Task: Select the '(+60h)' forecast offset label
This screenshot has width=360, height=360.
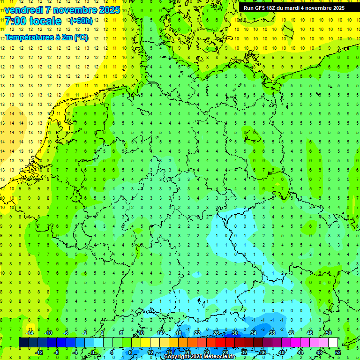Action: click(x=81, y=21)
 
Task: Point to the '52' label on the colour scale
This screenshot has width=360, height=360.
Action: click(x=338, y=352)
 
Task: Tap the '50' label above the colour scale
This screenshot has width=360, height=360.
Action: click(x=328, y=333)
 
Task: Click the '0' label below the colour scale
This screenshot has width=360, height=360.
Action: click(x=92, y=352)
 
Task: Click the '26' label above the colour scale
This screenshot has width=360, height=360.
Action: click(x=216, y=333)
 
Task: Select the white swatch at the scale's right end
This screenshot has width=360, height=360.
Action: click(x=333, y=343)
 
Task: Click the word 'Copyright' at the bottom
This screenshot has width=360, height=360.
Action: click(x=177, y=357)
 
